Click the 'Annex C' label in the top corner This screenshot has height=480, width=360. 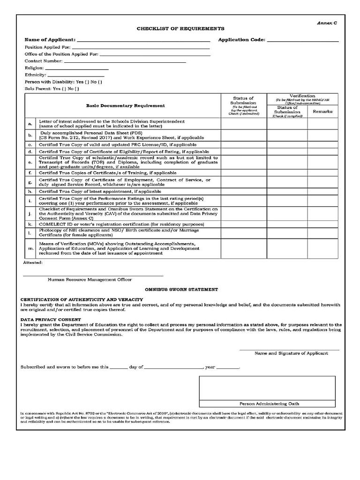327,22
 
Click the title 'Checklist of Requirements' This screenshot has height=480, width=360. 174,29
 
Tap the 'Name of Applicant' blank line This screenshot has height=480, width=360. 143,40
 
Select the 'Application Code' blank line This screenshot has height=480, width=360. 302,40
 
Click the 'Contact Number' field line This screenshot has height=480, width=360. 125,61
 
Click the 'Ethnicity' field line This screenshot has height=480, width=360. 76,75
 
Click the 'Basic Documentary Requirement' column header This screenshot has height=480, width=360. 125,105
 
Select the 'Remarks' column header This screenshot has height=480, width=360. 322,112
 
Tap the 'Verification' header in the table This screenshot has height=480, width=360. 302,96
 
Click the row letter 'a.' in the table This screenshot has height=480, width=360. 30,124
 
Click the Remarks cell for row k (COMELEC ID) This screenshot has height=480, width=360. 322,225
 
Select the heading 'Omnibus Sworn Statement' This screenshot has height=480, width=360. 181,290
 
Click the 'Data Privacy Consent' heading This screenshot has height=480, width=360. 51,319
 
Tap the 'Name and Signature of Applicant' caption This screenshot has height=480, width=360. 291,353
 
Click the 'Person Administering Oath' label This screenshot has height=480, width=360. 269,403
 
